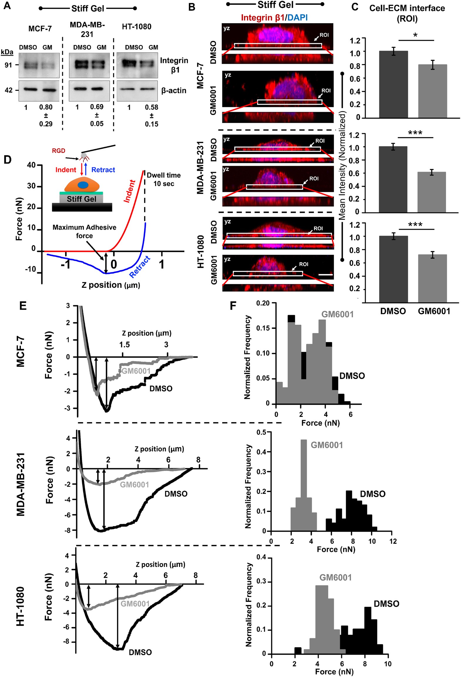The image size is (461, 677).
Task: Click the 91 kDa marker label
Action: [9, 65]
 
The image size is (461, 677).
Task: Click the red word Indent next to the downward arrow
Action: [66, 170]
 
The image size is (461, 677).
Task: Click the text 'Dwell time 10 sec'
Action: [164, 179]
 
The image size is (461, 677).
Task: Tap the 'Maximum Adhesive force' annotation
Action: [84, 231]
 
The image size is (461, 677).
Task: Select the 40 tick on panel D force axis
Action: [31, 165]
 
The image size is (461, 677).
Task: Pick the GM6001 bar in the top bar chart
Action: [432, 91]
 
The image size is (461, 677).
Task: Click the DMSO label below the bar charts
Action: [393, 311]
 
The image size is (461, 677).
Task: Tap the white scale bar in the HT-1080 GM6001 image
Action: [325, 274]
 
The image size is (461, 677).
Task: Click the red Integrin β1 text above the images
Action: [262, 18]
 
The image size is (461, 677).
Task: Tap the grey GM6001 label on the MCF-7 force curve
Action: [136, 371]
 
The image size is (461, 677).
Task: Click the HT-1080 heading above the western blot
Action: [137, 27]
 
